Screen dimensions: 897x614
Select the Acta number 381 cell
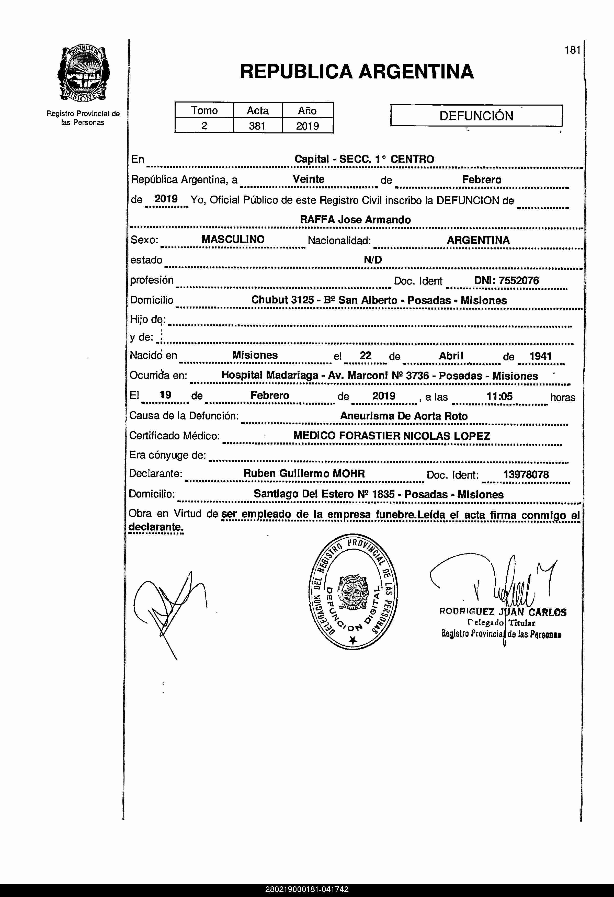(257, 126)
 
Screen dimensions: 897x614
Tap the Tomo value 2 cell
(204, 126)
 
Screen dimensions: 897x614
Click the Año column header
(307, 111)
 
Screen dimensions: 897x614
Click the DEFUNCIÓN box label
(476, 116)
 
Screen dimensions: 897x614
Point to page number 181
(572, 50)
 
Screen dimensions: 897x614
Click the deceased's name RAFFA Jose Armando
(355, 220)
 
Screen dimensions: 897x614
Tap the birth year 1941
(540, 356)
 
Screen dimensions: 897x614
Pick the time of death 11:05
(499, 396)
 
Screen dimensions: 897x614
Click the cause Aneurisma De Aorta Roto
(404, 416)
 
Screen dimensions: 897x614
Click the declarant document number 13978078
(526, 475)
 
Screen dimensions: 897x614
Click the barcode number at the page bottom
(307, 890)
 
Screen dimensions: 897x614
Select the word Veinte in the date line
(308, 179)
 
